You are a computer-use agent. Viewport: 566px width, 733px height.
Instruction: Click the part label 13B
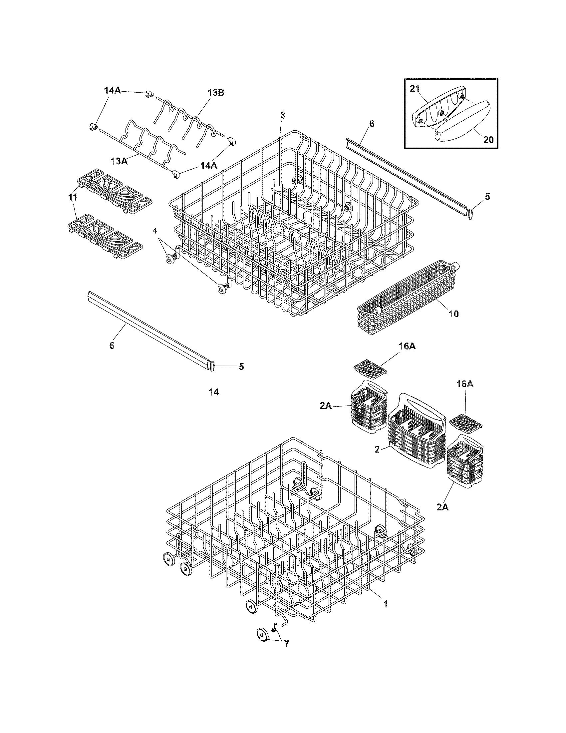pyautogui.click(x=216, y=93)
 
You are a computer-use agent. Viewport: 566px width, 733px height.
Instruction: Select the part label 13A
pyautogui.click(x=120, y=161)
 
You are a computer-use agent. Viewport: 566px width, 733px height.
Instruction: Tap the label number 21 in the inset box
pyautogui.click(x=415, y=89)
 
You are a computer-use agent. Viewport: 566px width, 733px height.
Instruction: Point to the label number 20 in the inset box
pyautogui.click(x=488, y=139)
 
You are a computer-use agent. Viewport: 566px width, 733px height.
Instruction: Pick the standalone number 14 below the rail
pyautogui.click(x=214, y=392)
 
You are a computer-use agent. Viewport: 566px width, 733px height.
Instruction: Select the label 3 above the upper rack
pyautogui.click(x=283, y=116)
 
